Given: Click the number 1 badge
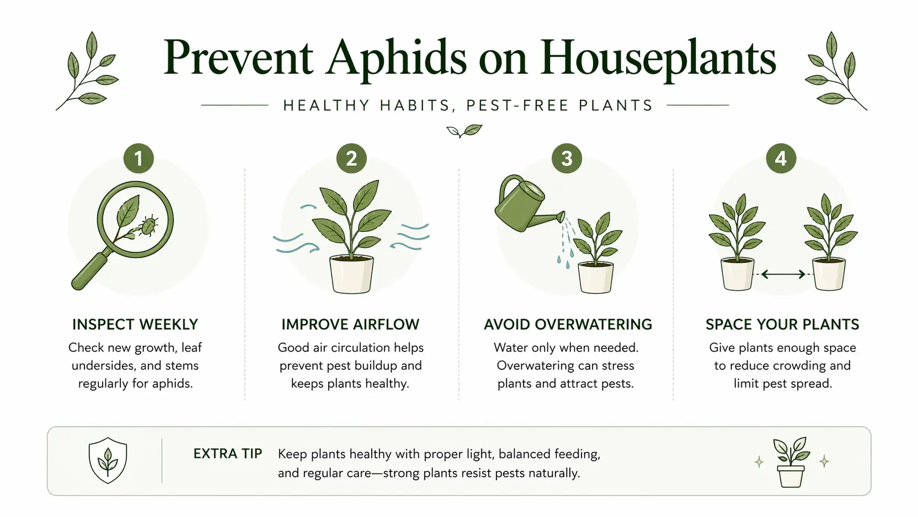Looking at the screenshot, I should coord(138,158).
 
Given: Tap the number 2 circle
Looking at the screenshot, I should coord(351,158).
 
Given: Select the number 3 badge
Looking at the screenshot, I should coord(567,158).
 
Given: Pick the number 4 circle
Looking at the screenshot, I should coord(781,158).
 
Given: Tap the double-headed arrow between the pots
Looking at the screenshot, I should coord(783,274).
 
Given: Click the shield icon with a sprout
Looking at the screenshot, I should coord(108,460).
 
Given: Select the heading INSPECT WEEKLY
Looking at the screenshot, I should coord(135,325).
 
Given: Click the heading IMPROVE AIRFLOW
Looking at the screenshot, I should coord(350,325).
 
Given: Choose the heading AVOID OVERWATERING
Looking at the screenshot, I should coord(568,325).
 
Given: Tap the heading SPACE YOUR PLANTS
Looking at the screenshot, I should coord(782,325).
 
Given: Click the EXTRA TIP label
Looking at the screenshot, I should coord(227,454).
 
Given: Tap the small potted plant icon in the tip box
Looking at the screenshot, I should coord(791,463).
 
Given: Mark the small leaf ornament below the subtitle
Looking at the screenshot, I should coord(464,131).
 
